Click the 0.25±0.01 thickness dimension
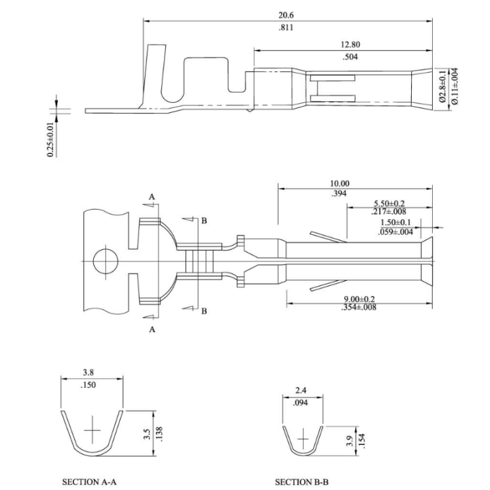[x=50, y=140]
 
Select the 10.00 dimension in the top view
[x=339, y=183]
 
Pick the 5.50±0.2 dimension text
[x=389, y=203]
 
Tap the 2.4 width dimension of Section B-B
[x=301, y=391]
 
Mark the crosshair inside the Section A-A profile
[x=92, y=431]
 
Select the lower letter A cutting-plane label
[x=152, y=329]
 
